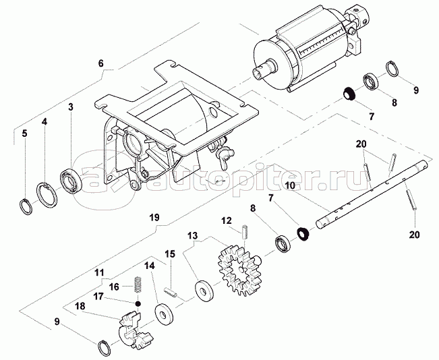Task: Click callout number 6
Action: [101, 64]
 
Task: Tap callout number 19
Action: [154, 218]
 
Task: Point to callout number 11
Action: [99, 273]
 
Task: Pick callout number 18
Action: [80, 305]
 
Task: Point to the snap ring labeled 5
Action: [26, 206]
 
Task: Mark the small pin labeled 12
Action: [247, 231]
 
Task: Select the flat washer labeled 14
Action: [163, 315]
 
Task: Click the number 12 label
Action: [227, 220]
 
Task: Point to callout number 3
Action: [69, 107]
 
